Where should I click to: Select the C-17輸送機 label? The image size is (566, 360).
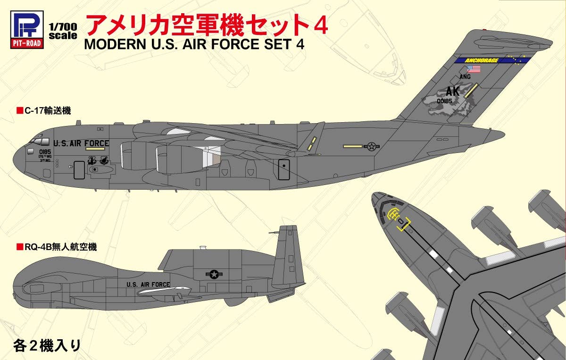43,111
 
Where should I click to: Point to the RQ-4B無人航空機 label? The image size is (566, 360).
56,247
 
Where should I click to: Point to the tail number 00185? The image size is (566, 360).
444,100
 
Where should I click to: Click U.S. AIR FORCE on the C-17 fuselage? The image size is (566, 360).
81,143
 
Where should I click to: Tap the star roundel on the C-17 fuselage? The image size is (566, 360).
372,146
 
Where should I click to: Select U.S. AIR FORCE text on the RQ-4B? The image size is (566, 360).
148,285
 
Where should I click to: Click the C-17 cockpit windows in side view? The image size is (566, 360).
39,141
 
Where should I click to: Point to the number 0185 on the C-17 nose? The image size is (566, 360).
45,152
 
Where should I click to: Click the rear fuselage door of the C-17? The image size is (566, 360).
283,170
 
